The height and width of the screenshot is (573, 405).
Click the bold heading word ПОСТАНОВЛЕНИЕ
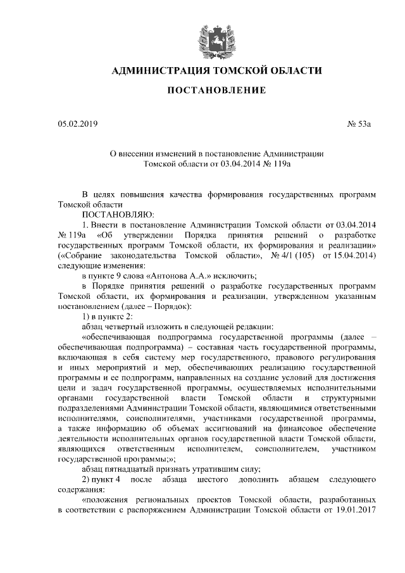pyautogui.click(x=216, y=91)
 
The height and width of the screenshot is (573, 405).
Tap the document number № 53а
pyautogui.click(x=359, y=123)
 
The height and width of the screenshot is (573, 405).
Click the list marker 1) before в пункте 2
pyautogui.click(x=87, y=316)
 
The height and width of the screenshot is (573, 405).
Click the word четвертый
pyautogui.click(x=127, y=326)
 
